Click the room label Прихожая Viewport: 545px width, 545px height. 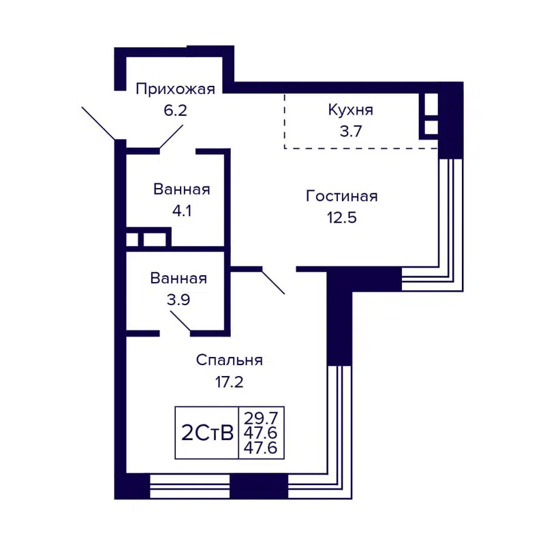pos(175,89)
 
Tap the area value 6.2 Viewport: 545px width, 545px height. pos(175,110)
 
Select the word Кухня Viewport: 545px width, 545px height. pos(350,110)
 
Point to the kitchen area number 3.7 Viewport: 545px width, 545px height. pos(350,131)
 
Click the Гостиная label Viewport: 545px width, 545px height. pos(341,196)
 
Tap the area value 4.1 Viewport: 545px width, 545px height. pos(181,211)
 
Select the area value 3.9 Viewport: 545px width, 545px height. pos(178,299)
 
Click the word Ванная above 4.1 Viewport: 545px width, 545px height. pos(181,189)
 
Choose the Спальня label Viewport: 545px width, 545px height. pos(229,360)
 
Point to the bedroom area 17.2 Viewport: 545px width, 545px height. pos(229,382)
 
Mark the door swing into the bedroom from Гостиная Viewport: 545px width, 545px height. pos(272,281)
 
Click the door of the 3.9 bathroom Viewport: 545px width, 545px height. pos(180,323)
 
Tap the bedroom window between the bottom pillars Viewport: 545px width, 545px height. pos(189,486)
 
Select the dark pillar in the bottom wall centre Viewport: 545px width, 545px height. pos(259,486)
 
